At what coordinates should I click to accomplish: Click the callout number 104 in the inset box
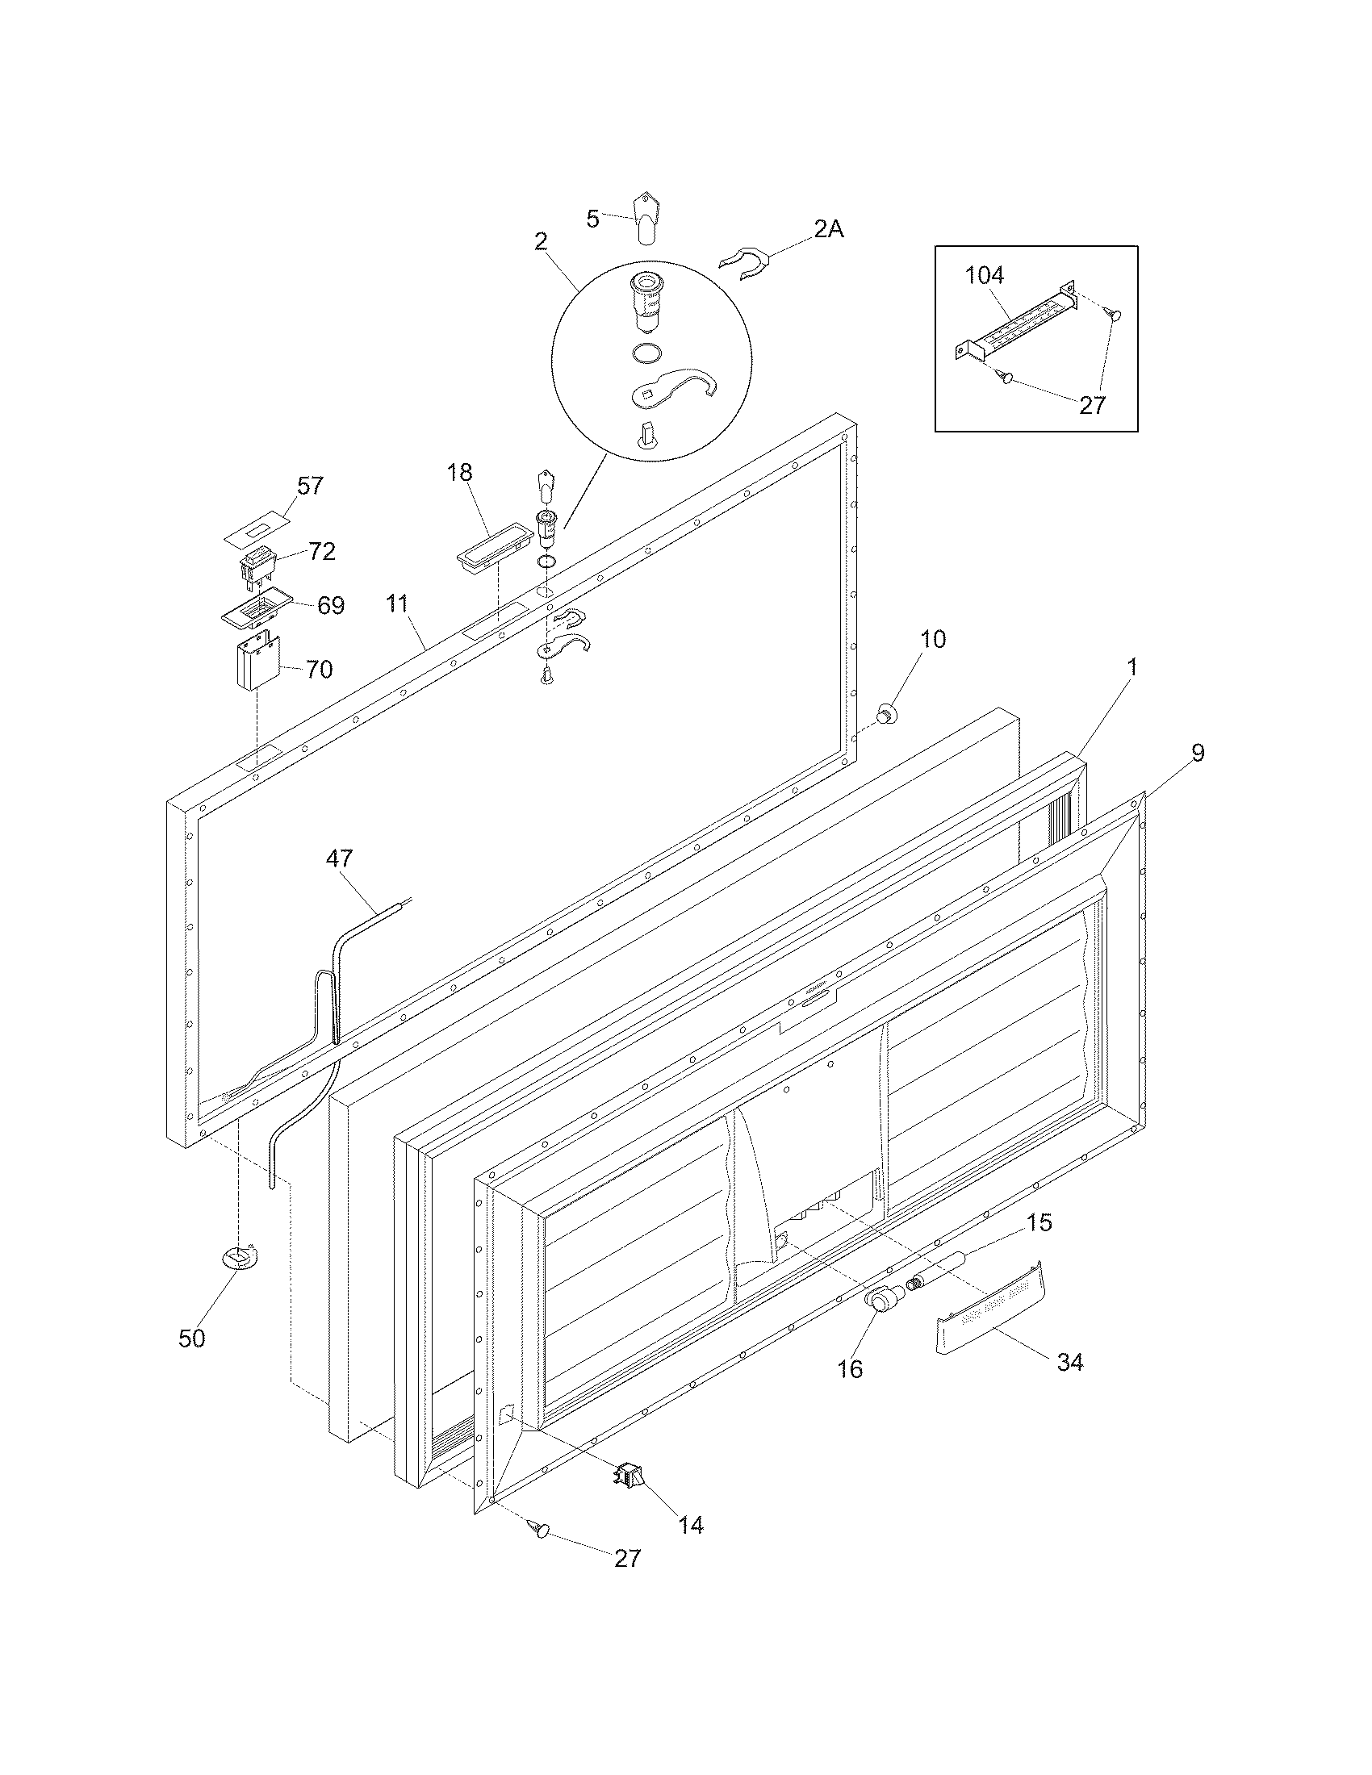985,275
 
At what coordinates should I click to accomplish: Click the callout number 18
460,472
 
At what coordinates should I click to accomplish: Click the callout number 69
330,605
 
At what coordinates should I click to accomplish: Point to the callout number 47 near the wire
340,858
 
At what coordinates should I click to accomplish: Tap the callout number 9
1198,753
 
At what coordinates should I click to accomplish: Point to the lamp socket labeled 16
881,1297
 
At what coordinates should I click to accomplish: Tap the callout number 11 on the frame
396,603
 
